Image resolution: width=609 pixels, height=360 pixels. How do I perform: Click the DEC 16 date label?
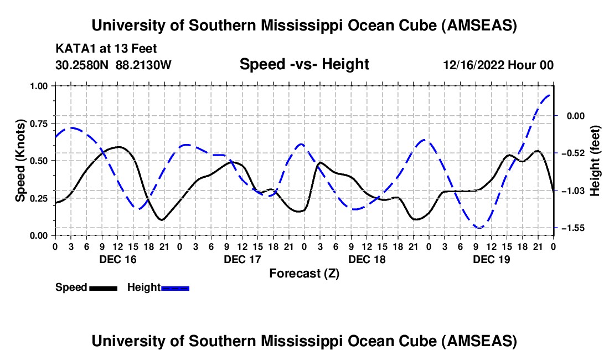(x=117, y=259)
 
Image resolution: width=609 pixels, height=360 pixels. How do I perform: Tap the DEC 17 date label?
(x=242, y=259)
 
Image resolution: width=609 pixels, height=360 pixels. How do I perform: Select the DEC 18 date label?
(x=367, y=259)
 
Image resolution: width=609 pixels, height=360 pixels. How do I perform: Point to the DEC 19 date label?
(x=492, y=259)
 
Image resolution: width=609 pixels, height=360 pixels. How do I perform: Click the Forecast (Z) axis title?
(x=304, y=273)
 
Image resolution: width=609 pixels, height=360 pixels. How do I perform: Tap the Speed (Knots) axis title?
(x=20, y=161)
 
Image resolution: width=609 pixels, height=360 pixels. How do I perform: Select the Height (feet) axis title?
(x=596, y=161)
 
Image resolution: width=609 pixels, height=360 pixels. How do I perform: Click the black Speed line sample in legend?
(x=103, y=287)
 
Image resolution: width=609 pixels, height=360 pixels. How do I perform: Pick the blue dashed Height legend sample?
(x=175, y=287)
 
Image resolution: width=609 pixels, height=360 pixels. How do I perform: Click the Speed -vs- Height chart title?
(x=304, y=64)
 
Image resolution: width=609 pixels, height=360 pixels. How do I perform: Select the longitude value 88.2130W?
(x=144, y=65)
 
